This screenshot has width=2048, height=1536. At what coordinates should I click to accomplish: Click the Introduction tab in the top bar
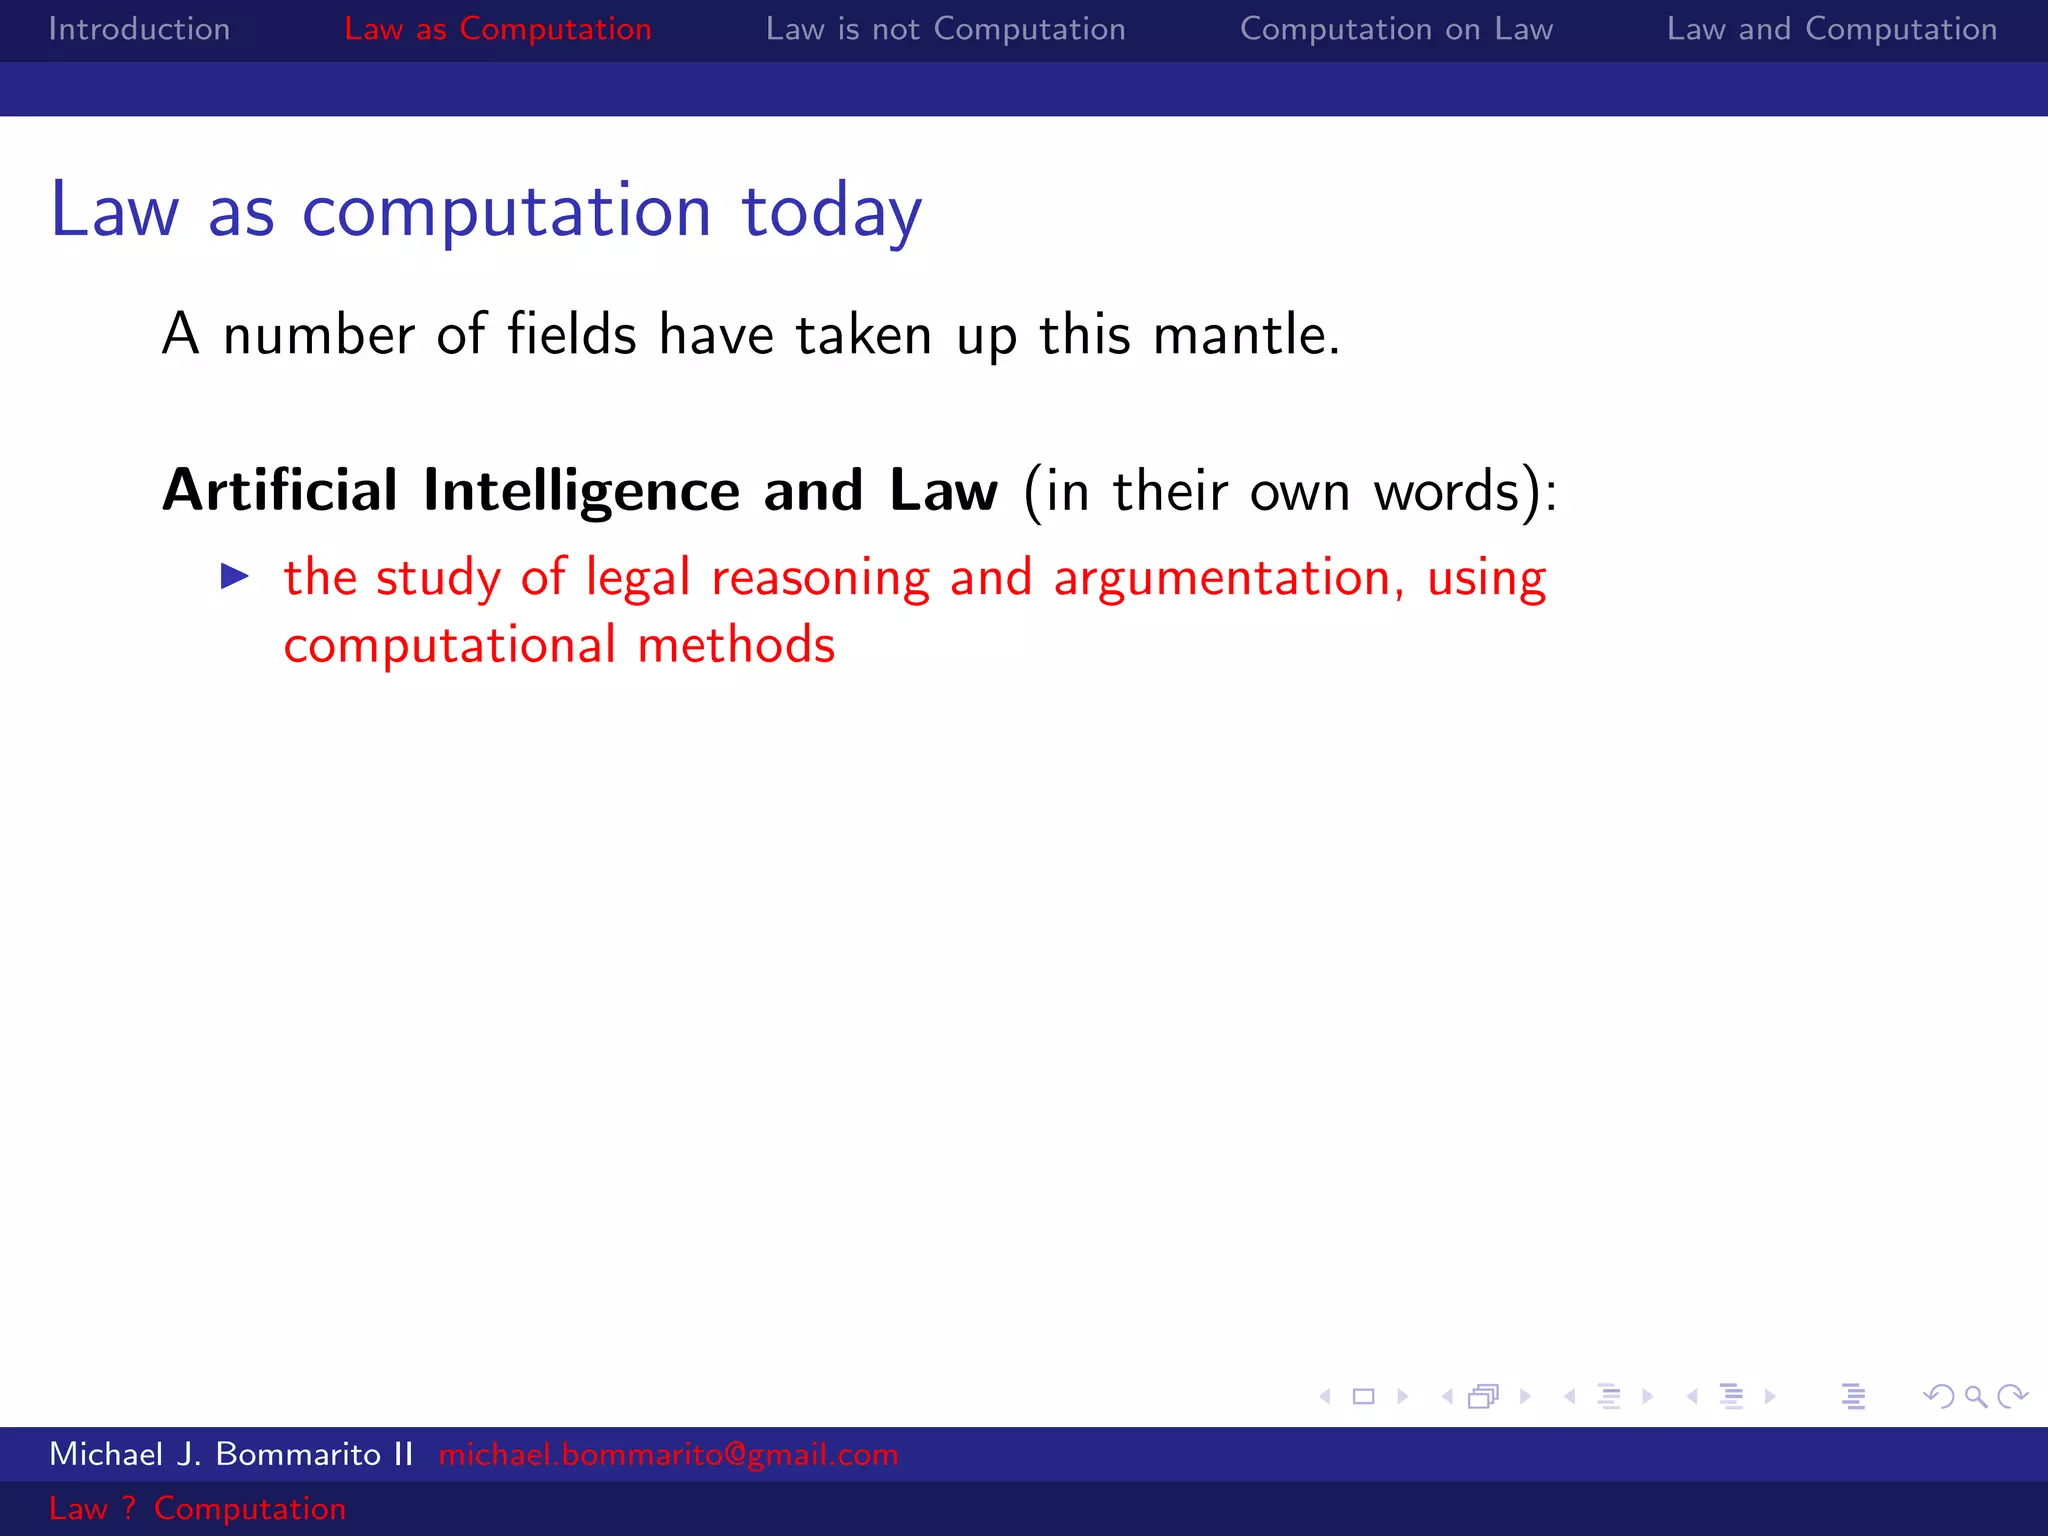(x=139, y=29)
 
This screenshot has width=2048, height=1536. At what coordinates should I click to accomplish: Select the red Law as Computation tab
(x=497, y=29)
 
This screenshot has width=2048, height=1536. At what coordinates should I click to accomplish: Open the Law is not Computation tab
(x=945, y=29)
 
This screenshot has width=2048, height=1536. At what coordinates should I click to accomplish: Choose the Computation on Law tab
(x=1396, y=29)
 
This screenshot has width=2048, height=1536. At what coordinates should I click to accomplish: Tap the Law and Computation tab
(x=1831, y=29)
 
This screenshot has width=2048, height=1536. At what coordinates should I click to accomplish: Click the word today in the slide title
(x=831, y=212)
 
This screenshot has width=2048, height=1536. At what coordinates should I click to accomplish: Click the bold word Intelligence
(x=581, y=491)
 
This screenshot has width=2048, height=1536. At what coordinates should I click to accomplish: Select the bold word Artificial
(x=280, y=491)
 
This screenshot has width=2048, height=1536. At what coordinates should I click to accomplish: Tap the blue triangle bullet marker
(x=235, y=576)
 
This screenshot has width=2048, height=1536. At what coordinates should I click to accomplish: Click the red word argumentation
(x=1221, y=579)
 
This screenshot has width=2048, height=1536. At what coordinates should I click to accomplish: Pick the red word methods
(x=736, y=645)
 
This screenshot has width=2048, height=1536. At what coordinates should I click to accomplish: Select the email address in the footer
(x=668, y=1454)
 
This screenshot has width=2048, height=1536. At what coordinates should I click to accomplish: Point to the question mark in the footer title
(x=128, y=1508)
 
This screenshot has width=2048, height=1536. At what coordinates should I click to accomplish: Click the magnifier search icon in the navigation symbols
(x=1975, y=1396)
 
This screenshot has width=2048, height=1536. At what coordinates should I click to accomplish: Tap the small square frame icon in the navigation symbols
(x=1363, y=1396)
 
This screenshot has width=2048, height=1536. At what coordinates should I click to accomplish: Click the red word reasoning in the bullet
(x=820, y=579)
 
